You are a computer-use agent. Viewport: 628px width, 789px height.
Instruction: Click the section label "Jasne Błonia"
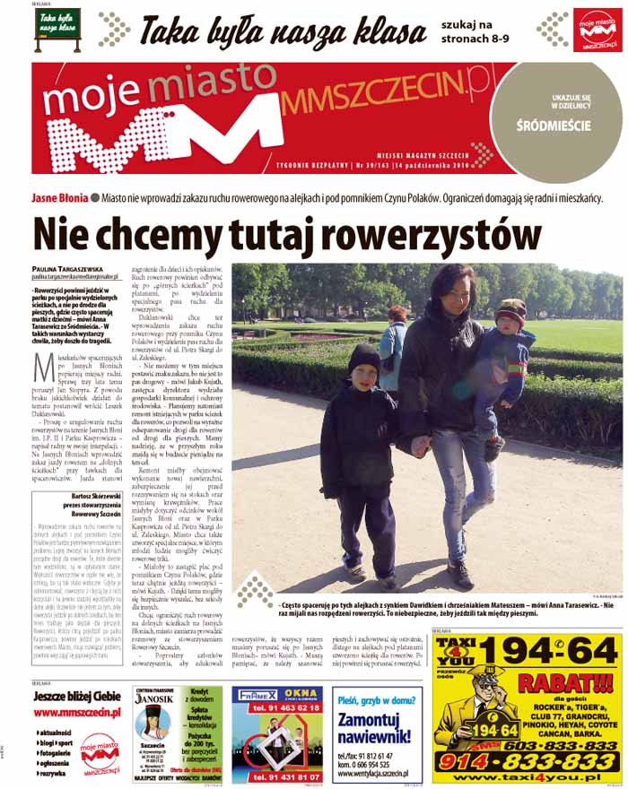[60, 197]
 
